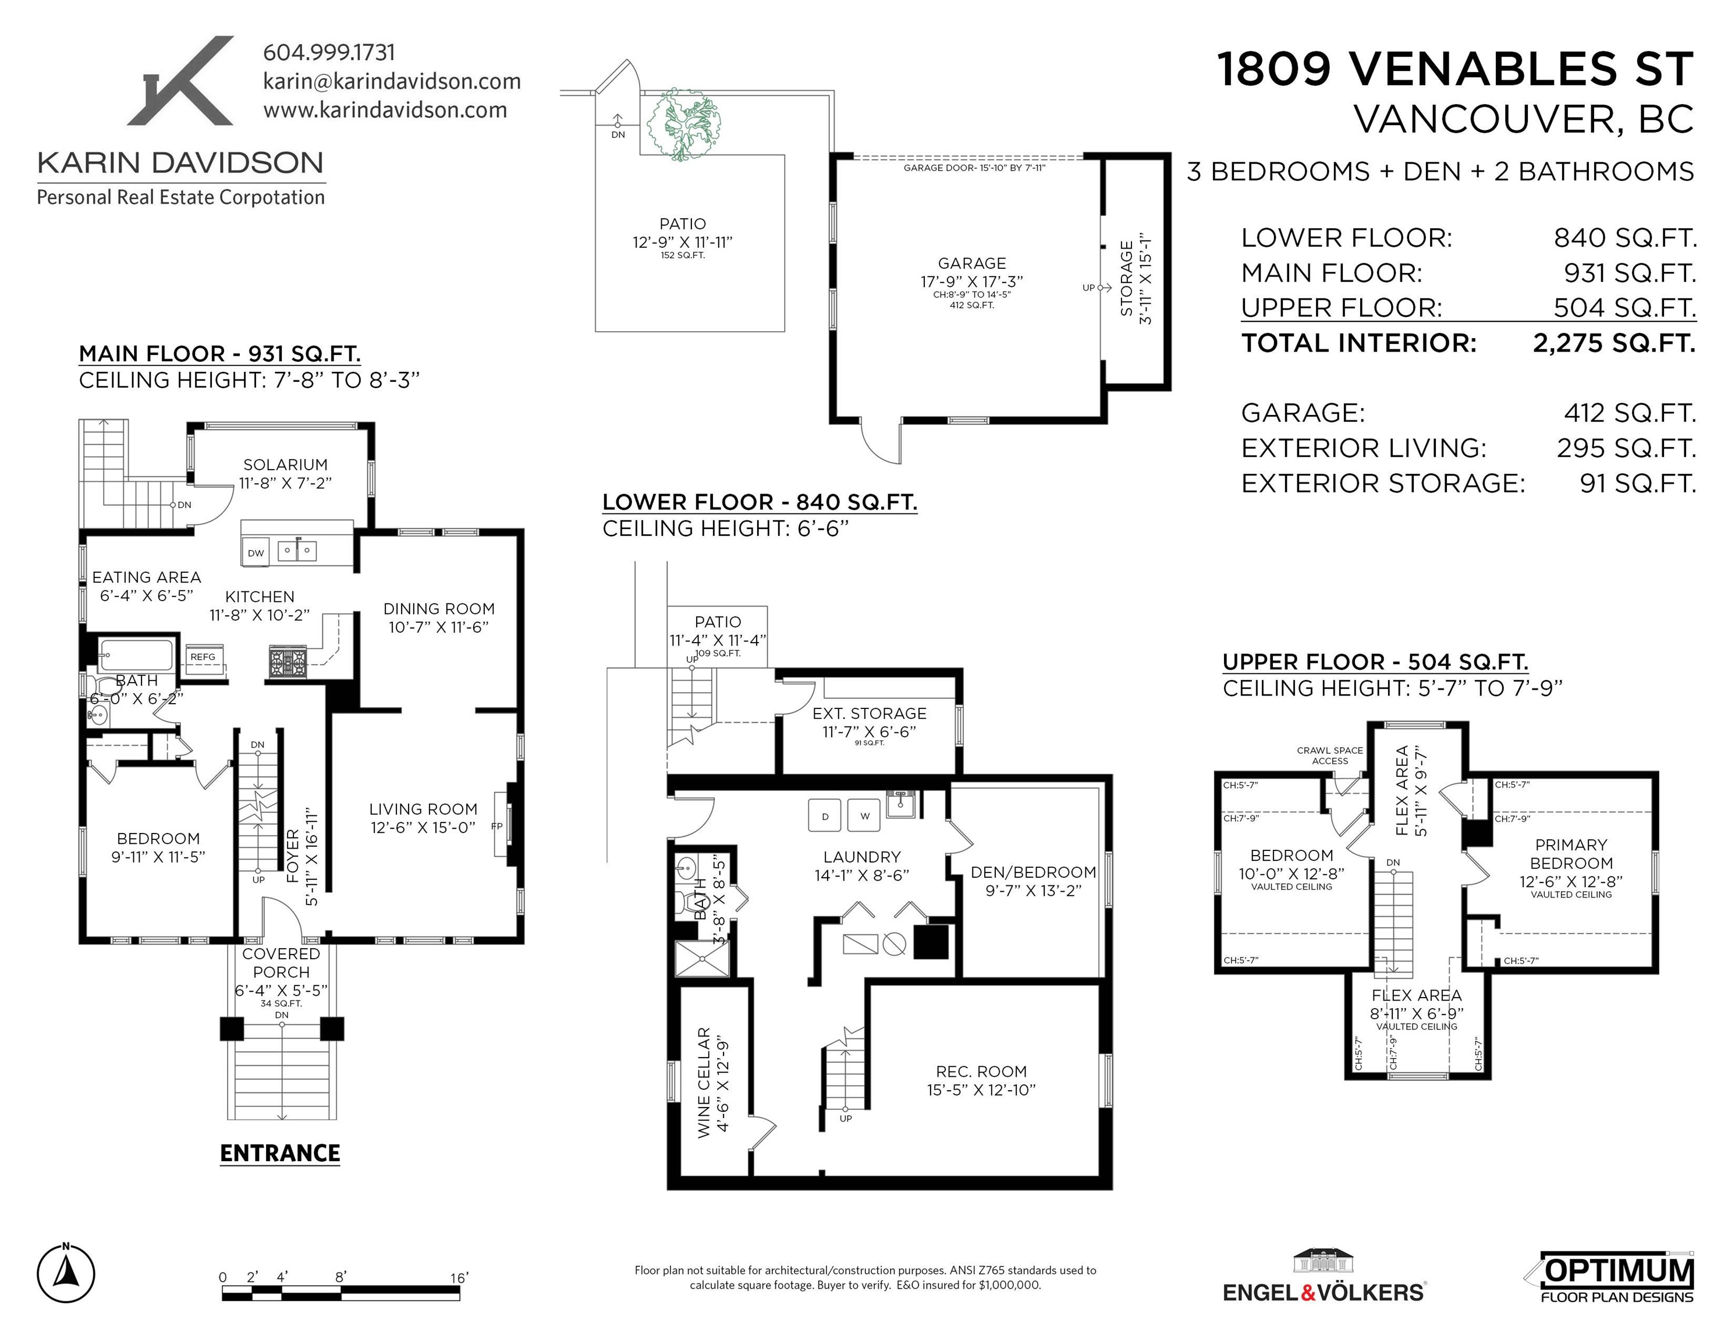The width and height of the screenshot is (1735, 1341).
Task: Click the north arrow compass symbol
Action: (x=66, y=1274)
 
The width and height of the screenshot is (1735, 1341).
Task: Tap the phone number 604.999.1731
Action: (x=329, y=52)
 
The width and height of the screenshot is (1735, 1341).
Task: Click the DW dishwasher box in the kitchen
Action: (x=256, y=552)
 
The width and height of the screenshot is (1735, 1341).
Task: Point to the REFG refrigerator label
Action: (x=203, y=657)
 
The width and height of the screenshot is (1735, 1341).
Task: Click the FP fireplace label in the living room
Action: (x=497, y=826)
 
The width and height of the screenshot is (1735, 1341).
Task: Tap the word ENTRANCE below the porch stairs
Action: (x=279, y=1153)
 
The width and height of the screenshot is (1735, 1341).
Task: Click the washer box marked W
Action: (x=864, y=815)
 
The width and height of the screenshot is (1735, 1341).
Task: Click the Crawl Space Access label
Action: (x=1330, y=755)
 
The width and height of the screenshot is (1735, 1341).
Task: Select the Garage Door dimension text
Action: (x=974, y=168)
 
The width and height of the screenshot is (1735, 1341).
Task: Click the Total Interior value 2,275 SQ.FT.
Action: (x=1615, y=343)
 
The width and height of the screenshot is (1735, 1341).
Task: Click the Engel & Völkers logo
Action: (x=1324, y=1278)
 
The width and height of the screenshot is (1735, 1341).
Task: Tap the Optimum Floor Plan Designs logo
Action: (x=1611, y=1278)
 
